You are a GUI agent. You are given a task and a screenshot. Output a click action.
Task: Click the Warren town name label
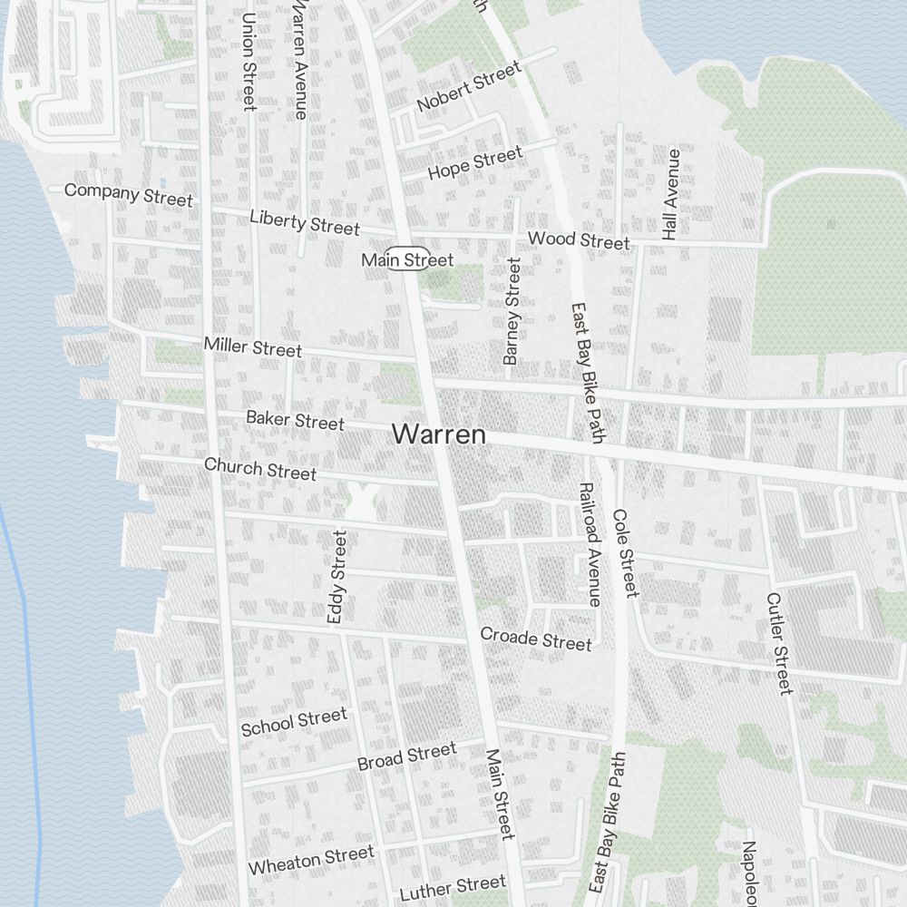tap(439, 434)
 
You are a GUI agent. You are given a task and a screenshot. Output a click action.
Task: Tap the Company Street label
tap(128, 193)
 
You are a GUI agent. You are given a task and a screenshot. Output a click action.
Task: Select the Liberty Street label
tap(304, 221)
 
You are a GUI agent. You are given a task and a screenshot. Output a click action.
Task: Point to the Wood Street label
tap(579, 240)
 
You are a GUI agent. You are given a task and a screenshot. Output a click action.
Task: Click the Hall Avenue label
tap(671, 194)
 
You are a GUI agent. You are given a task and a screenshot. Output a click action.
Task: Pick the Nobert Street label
tap(469, 87)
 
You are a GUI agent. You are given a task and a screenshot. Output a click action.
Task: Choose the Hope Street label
tap(475, 163)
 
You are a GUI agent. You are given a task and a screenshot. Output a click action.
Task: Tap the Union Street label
tap(249, 62)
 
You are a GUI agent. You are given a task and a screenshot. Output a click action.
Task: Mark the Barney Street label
tap(512, 311)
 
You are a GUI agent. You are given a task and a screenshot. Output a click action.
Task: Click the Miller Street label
tap(252, 346)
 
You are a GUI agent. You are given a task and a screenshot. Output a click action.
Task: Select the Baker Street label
tap(295, 420)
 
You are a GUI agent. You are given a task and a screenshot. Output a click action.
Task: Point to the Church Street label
tap(260, 469)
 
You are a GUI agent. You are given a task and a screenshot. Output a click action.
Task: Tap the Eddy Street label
tap(336, 577)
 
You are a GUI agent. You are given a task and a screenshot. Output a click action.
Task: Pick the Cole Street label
tap(625, 553)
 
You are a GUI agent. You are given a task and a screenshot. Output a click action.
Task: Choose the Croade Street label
tap(535, 639)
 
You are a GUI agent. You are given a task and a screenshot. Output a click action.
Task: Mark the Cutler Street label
tap(779, 643)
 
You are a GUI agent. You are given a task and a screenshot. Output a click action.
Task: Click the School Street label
tap(294, 722)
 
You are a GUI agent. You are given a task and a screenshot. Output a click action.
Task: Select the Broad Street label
tap(406, 756)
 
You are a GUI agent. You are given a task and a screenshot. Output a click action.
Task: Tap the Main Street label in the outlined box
tap(407, 260)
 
